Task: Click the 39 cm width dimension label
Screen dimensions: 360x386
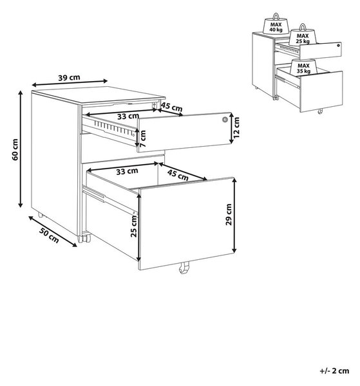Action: point(70,78)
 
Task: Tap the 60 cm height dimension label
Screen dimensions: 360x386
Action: point(15,149)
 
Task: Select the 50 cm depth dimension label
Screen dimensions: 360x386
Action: point(49,235)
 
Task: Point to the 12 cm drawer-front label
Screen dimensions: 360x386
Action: point(236,127)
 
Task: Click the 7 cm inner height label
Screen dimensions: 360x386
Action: point(143,138)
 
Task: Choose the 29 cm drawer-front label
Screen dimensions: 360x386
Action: point(229,214)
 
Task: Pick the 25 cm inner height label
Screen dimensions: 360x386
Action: point(134,226)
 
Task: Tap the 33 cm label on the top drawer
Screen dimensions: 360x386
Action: point(128,116)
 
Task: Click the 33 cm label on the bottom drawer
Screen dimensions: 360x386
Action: point(127,171)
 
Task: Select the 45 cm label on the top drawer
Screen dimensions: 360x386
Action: point(172,107)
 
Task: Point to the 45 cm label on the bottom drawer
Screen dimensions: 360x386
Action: point(178,175)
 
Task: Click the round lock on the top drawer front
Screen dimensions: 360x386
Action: point(225,120)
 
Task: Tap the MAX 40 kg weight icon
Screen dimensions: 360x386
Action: point(276,24)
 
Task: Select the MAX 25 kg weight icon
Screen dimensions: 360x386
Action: point(303,35)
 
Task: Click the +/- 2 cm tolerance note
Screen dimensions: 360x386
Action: point(334,371)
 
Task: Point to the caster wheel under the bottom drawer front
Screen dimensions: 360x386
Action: point(184,267)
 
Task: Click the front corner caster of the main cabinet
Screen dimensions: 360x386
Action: point(84,237)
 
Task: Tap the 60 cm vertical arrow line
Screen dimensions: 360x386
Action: point(21,149)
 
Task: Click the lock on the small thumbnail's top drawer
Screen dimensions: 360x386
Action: point(338,45)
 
